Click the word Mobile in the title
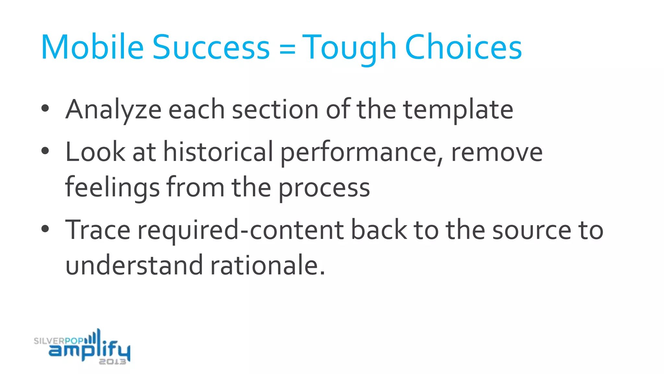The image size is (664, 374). tap(92, 47)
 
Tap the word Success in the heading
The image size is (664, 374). tap(211, 47)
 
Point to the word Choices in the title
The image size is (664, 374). tap(463, 47)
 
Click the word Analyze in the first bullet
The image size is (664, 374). tap(113, 110)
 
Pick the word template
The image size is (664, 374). tap(458, 110)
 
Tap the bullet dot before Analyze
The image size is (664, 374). tap(45, 108)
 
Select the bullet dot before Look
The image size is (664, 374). tap(45, 151)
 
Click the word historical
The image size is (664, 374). tap(218, 152)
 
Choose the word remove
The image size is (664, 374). tap(497, 152)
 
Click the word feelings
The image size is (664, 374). tap(112, 188)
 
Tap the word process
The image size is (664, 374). tap(324, 188)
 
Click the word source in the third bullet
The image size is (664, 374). tap(532, 230)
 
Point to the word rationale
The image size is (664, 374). tap(267, 266)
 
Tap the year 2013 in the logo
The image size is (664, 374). tap(112, 362)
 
